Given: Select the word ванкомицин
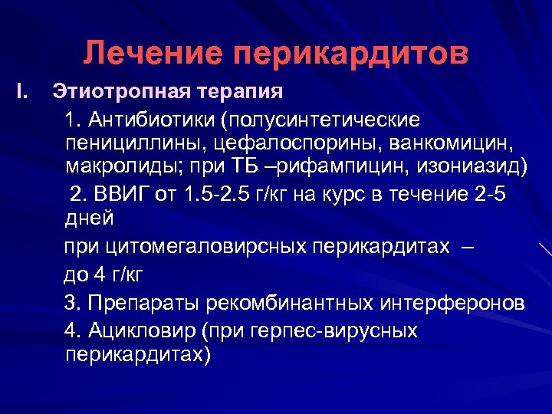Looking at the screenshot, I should pos(455,143).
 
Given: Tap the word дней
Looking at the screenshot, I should pos(89,218).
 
